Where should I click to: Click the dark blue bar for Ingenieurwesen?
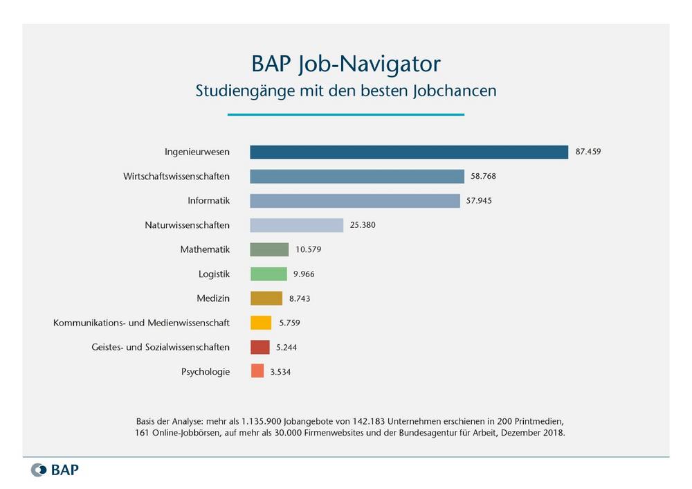pyautogui.click(x=408, y=152)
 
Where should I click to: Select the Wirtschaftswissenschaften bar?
pyautogui.click(x=356, y=176)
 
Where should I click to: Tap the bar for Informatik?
pyautogui.click(x=354, y=201)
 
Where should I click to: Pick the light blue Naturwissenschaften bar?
pyautogui.click(x=296, y=225)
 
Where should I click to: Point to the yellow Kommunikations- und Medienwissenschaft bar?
pyautogui.click(x=260, y=323)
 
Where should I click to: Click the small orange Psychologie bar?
pyautogui.click(x=257, y=371)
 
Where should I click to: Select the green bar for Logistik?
pyautogui.click(x=268, y=274)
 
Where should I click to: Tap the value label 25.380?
pyautogui.click(x=363, y=225)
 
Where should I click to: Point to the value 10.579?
pyautogui.click(x=308, y=249)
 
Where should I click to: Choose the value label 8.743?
pyautogui.click(x=302, y=299)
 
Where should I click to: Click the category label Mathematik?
pyautogui.click(x=204, y=249)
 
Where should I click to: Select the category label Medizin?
pyautogui.click(x=213, y=299)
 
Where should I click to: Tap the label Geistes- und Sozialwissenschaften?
pyautogui.click(x=161, y=347)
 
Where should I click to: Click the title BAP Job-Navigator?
pyautogui.click(x=345, y=64)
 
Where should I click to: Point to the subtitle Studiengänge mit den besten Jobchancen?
pyautogui.click(x=345, y=91)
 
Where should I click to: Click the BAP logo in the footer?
pyautogui.click(x=55, y=470)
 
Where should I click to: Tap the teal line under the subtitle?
pyautogui.click(x=345, y=114)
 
